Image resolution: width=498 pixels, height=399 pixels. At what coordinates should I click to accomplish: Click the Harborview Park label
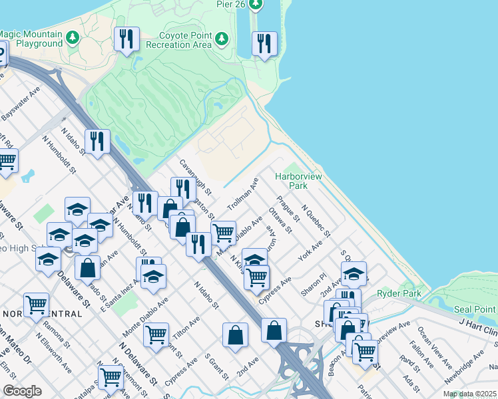pyautogui.click(x=299, y=182)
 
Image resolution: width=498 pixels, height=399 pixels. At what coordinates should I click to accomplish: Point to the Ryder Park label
pyautogui.click(x=399, y=293)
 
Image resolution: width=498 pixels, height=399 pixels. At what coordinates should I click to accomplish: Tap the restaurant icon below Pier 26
pyautogui.click(x=264, y=44)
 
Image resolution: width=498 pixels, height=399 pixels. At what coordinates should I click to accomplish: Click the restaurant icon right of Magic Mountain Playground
pyautogui.click(x=126, y=39)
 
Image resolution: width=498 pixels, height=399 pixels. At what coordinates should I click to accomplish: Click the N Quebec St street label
pyautogui.click(x=316, y=220)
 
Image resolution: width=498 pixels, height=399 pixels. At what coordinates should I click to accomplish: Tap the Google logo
pyautogui.click(x=22, y=391)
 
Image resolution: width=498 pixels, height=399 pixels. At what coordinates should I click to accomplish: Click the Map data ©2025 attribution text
pyautogui.click(x=469, y=394)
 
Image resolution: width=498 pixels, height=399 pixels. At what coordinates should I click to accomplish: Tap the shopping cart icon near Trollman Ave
pyautogui.click(x=223, y=233)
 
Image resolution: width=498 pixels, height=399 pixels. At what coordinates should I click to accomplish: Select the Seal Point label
pyautogui.click(x=475, y=310)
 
